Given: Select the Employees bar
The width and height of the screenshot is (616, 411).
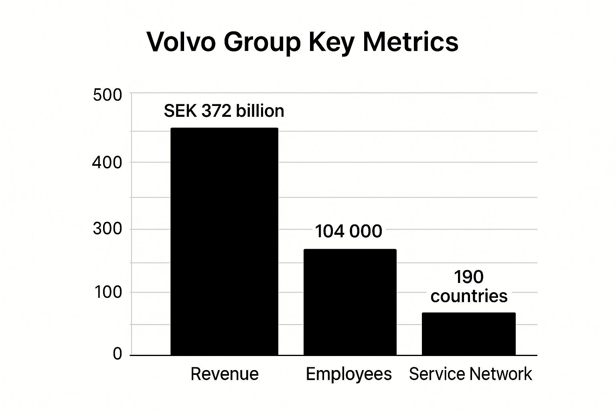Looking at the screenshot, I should point(350,302).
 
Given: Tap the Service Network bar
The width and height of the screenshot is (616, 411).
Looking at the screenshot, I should point(468,334).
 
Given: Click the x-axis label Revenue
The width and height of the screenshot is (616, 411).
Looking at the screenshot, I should point(224,374).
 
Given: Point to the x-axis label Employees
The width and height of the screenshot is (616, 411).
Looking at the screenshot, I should point(349,374).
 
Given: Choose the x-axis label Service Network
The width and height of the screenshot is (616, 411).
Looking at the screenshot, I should point(470,374).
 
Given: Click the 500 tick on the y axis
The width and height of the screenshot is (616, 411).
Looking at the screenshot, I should point(107,96).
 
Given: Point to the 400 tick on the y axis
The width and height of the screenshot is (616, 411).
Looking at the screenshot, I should point(107,163).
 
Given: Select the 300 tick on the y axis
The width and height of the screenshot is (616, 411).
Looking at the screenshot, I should point(107,229).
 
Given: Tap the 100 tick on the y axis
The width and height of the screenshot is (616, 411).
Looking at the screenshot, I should point(108,292).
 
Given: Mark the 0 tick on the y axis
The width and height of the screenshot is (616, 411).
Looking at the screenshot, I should point(117,354).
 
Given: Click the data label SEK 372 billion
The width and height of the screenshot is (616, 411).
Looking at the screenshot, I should point(224,111).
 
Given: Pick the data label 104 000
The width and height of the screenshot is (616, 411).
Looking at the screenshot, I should point(348,232).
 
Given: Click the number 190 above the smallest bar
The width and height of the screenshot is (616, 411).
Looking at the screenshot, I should point(468,277).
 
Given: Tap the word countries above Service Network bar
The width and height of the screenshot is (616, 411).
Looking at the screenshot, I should point(469,296).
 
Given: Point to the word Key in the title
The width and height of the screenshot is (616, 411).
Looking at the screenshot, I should point(331,42).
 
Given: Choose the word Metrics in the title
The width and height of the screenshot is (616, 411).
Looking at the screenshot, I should point(410,41).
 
